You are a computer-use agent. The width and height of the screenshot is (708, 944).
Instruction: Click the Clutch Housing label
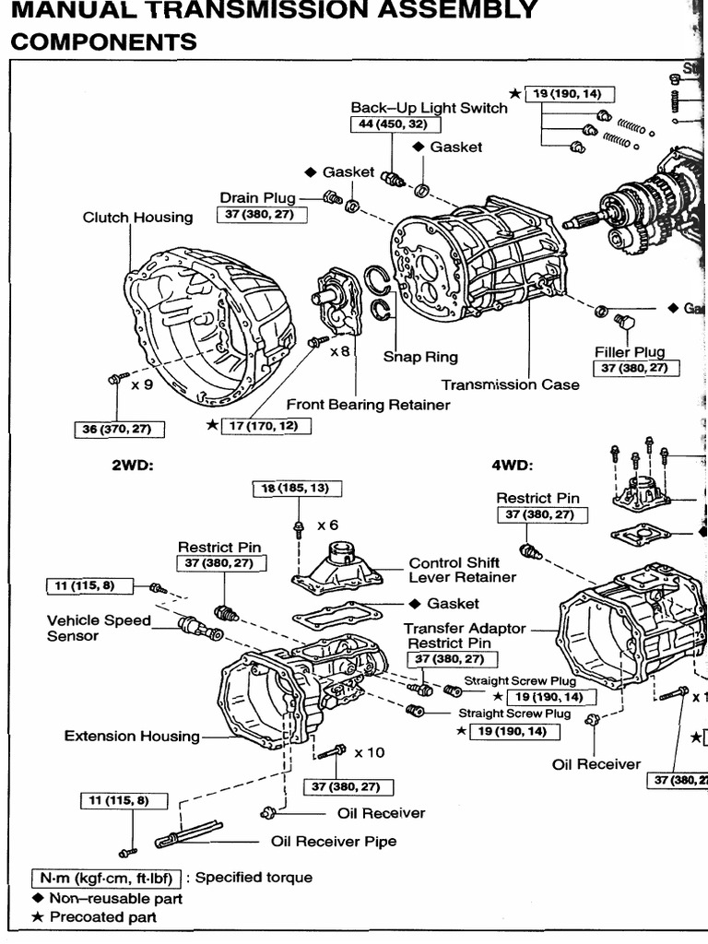click(x=138, y=218)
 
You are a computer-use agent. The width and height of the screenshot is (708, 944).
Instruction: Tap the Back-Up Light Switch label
click(x=429, y=108)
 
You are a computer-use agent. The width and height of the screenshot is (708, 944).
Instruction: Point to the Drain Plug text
click(x=257, y=197)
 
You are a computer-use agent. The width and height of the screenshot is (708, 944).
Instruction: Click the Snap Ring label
click(x=420, y=357)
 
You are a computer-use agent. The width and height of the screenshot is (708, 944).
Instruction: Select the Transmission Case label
click(x=510, y=384)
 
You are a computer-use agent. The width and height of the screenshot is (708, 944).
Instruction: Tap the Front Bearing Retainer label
click(x=368, y=405)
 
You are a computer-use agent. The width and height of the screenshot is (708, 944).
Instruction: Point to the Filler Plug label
click(x=630, y=351)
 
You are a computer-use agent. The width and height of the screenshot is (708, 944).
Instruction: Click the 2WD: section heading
click(x=132, y=466)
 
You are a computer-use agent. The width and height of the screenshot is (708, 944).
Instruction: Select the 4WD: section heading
click(x=513, y=466)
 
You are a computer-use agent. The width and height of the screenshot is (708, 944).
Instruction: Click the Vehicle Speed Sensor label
click(x=99, y=628)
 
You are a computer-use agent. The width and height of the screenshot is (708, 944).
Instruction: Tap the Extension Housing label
click(x=132, y=736)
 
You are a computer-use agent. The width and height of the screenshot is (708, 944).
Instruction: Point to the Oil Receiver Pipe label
click(x=334, y=841)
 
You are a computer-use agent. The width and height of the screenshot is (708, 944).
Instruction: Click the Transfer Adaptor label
click(x=465, y=628)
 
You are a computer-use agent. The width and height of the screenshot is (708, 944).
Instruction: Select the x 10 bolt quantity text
click(x=369, y=752)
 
